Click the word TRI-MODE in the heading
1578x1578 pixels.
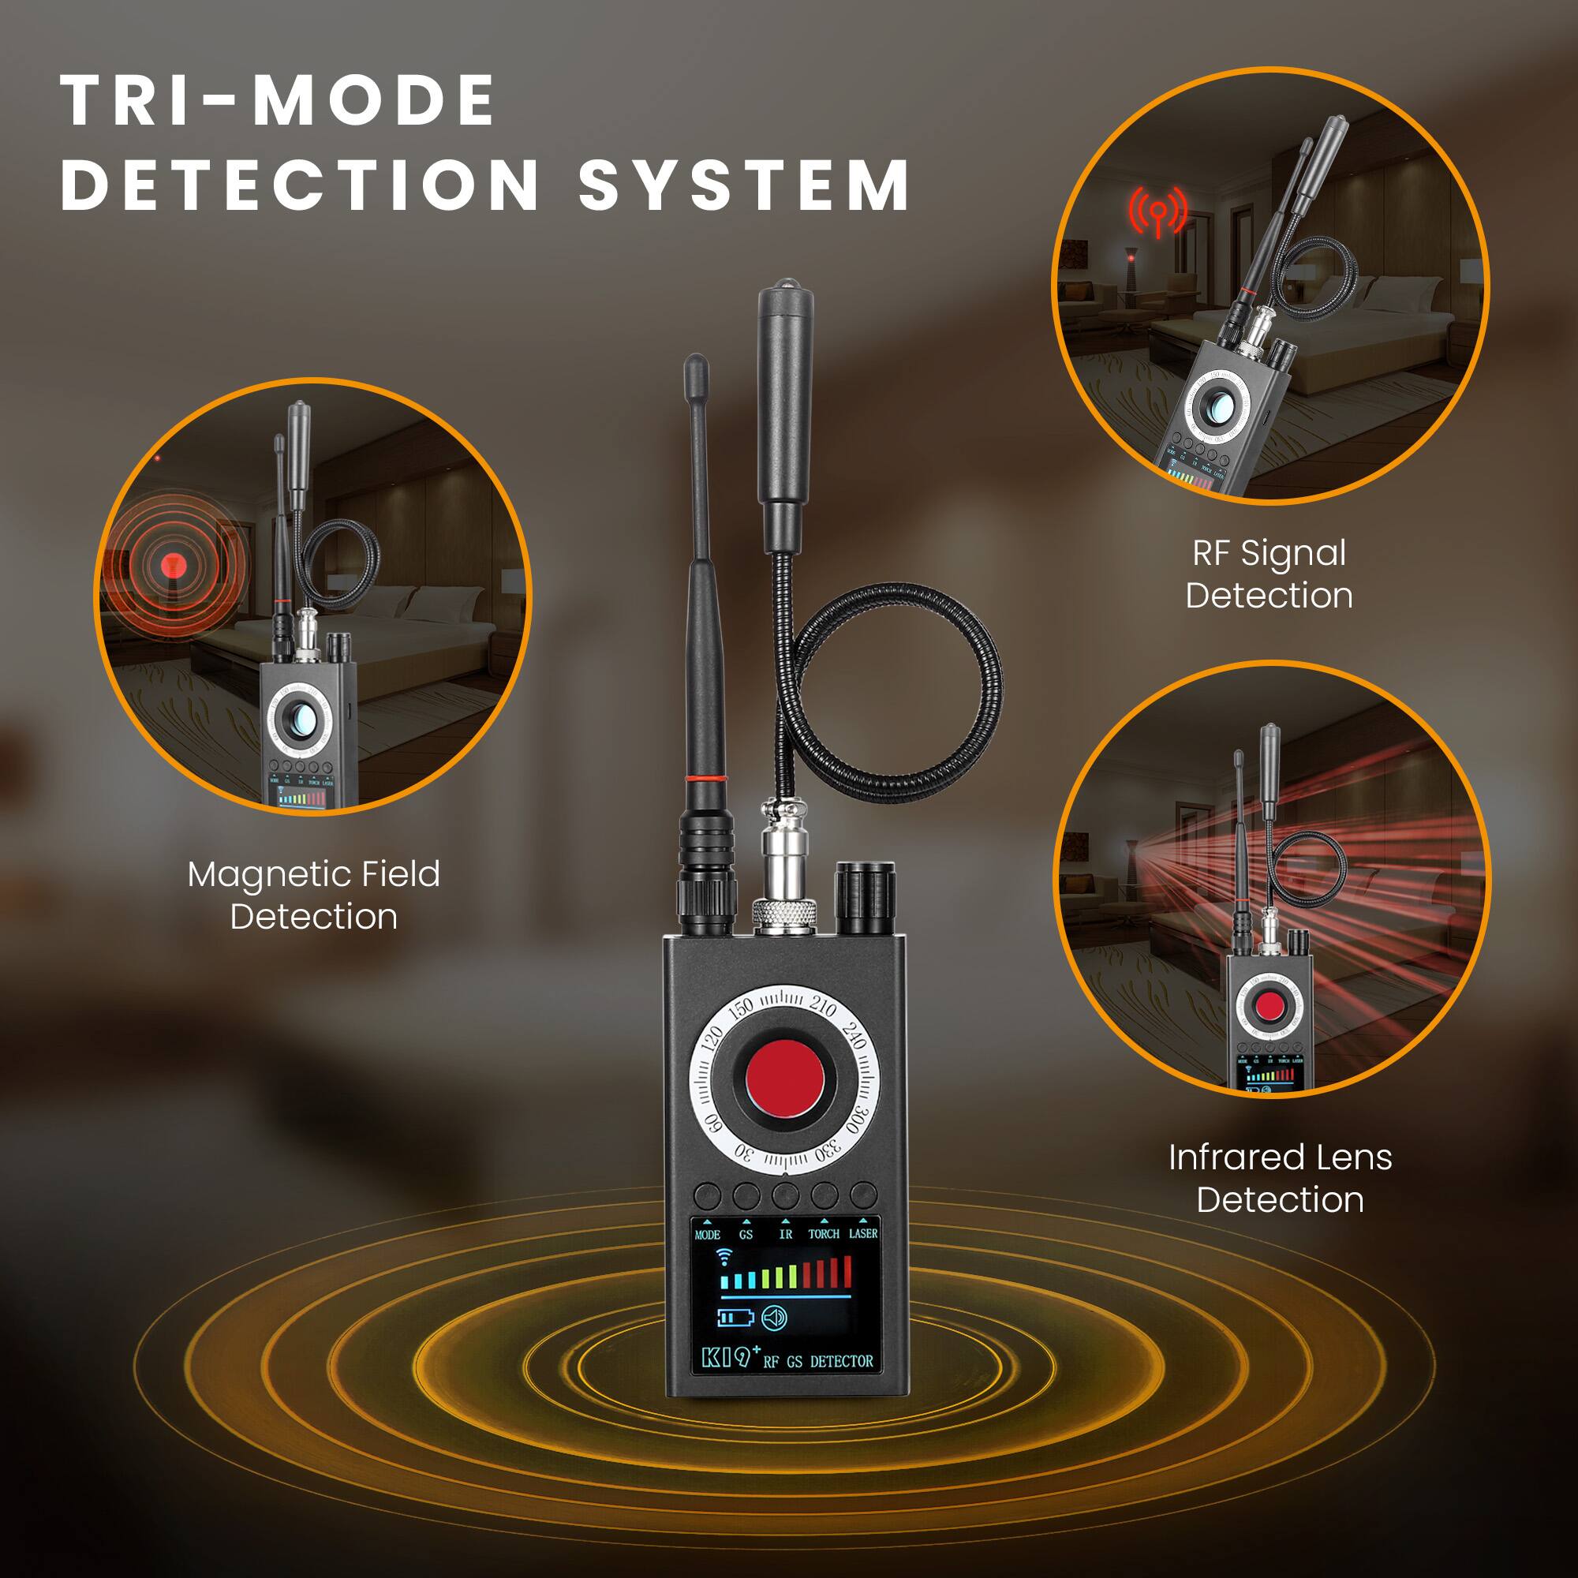coord(278,101)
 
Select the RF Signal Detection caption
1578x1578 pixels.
coord(1269,574)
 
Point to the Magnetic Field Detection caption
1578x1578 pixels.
coord(314,896)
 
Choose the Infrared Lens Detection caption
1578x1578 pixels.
coord(1280,1179)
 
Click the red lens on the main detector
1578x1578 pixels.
coord(784,1079)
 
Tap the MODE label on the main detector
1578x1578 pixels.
coord(707,1235)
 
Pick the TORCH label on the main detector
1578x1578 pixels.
coord(823,1234)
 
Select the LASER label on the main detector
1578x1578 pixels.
coord(862,1233)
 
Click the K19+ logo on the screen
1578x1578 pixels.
coord(726,1359)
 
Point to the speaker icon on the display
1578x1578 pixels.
coord(773,1318)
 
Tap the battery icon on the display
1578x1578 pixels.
coord(735,1318)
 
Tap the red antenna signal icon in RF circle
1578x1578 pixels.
coord(1157,211)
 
